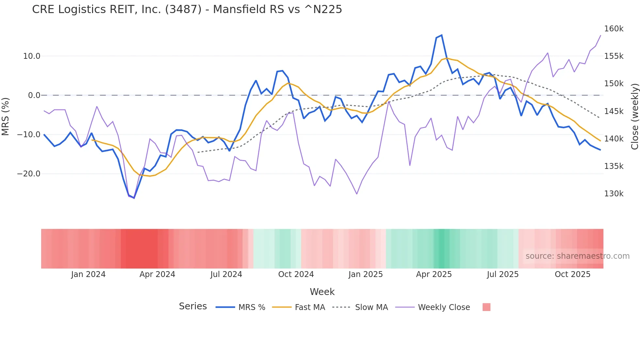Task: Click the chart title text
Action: coord(187,9)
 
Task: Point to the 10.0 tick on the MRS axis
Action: coord(32,56)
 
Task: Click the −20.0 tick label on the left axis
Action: coord(29,174)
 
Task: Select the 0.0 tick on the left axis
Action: coord(34,95)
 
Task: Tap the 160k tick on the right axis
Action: coord(614,29)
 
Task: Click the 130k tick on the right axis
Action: coord(614,194)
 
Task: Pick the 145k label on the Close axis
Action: coord(614,111)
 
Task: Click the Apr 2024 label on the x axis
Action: coord(157,274)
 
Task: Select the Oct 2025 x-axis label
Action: coord(572,274)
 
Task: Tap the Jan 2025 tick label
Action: coord(365,274)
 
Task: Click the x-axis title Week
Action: coord(322,292)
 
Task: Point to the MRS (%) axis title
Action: coord(6,116)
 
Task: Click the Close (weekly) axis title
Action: coord(634,117)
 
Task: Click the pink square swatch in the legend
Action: coord(486,307)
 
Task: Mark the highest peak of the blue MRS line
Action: coord(441,35)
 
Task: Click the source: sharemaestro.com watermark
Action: coord(577,256)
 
